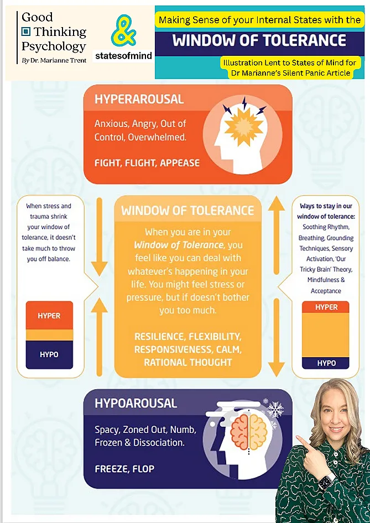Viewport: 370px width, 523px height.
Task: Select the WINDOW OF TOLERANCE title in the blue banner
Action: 259,40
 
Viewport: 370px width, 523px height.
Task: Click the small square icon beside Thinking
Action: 25,32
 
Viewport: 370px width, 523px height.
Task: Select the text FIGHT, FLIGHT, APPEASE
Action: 147,163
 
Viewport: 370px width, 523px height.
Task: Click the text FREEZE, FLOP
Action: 124,469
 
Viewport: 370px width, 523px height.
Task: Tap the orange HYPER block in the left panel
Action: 49,316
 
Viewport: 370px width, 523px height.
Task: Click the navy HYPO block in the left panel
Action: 49,354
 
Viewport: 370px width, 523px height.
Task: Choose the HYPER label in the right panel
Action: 326,307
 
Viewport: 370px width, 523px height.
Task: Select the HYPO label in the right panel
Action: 326,363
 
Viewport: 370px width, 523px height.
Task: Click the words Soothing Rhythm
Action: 326,227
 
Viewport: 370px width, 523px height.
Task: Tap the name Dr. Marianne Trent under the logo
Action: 54,61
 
